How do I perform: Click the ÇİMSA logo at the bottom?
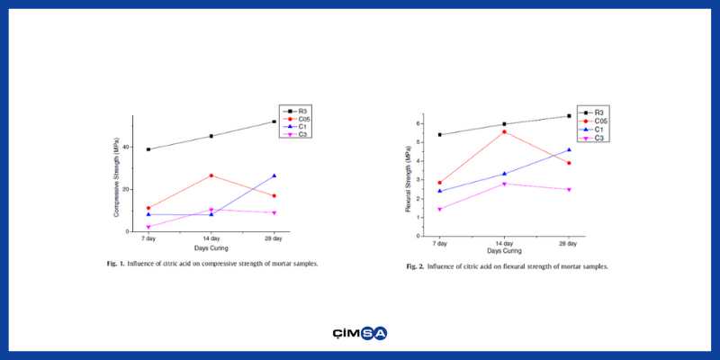[x=359, y=333]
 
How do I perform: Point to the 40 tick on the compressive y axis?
[x=127, y=148]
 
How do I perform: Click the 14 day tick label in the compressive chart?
[x=211, y=239]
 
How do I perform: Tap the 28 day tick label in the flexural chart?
[x=569, y=244]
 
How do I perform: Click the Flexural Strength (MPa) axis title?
[x=408, y=180]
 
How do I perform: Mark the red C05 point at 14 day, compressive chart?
[x=211, y=175]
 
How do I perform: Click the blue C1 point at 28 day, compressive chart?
[x=274, y=175]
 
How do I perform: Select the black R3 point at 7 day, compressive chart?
[x=148, y=149]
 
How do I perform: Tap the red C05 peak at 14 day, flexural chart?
[x=504, y=131]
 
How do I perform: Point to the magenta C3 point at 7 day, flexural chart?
[x=439, y=210]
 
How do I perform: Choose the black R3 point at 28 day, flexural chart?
[x=569, y=116]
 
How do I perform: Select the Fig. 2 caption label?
[x=415, y=266]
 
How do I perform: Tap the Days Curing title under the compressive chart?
[x=211, y=247]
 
